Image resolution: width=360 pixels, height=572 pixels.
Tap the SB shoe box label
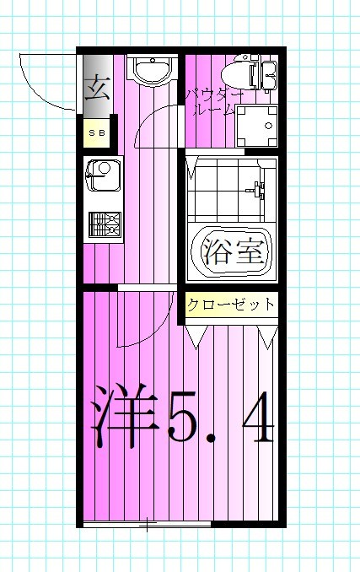(x=95, y=133)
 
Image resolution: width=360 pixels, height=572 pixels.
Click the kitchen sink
(x=103, y=175)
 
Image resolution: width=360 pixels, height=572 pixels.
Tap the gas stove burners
(x=105, y=224)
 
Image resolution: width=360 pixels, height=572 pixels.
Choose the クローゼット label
(x=231, y=305)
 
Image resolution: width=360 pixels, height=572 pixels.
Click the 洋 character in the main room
(x=122, y=415)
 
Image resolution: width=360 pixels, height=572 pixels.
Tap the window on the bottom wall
(x=148, y=526)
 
